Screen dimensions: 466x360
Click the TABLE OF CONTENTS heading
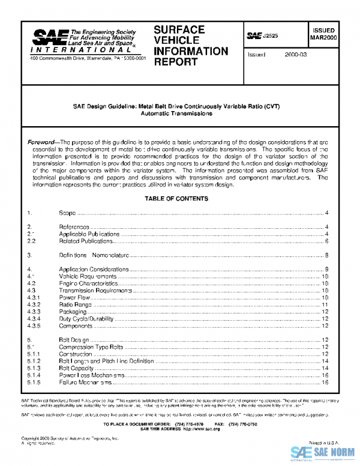[176, 199]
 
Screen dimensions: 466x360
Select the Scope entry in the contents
[67, 213]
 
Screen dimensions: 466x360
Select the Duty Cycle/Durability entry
[88, 319]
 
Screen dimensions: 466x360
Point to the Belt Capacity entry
[78, 368]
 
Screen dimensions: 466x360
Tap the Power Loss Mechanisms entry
[91, 375]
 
